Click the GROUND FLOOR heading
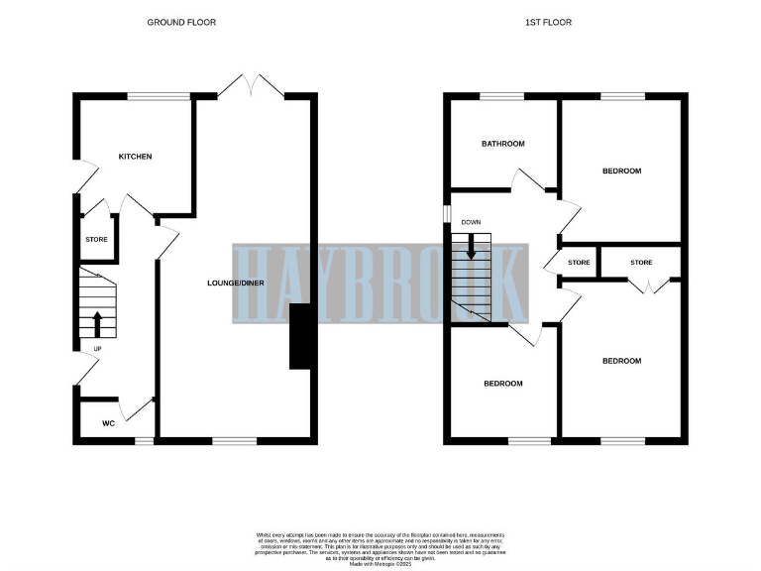coord(181,22)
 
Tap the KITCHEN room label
coord(135,157)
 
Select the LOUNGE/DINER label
coord(235,284)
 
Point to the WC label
coord(109,423)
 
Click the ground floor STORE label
coord(96,240)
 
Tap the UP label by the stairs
coord(96,349)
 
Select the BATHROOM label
coord(502,144)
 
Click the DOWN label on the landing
coord(471,223)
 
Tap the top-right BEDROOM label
coord(621,171)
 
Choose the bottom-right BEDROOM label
coord(621,361)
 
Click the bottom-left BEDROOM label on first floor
coord(502,383)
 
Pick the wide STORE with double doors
coord(641,263)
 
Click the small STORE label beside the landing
coord(579,263)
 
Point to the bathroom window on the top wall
coord(495,95)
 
